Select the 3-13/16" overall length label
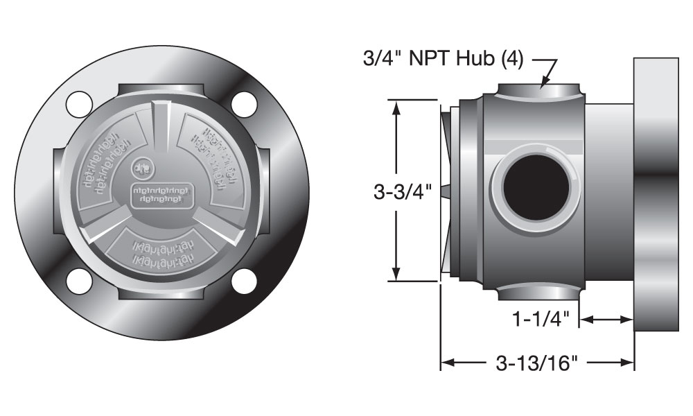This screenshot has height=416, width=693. point(537,363)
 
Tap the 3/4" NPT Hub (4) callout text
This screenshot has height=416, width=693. point(444,59)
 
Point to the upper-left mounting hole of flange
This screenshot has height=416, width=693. point(79,103)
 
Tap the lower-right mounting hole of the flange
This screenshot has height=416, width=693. point(245,280)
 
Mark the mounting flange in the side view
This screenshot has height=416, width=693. point(656,194)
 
